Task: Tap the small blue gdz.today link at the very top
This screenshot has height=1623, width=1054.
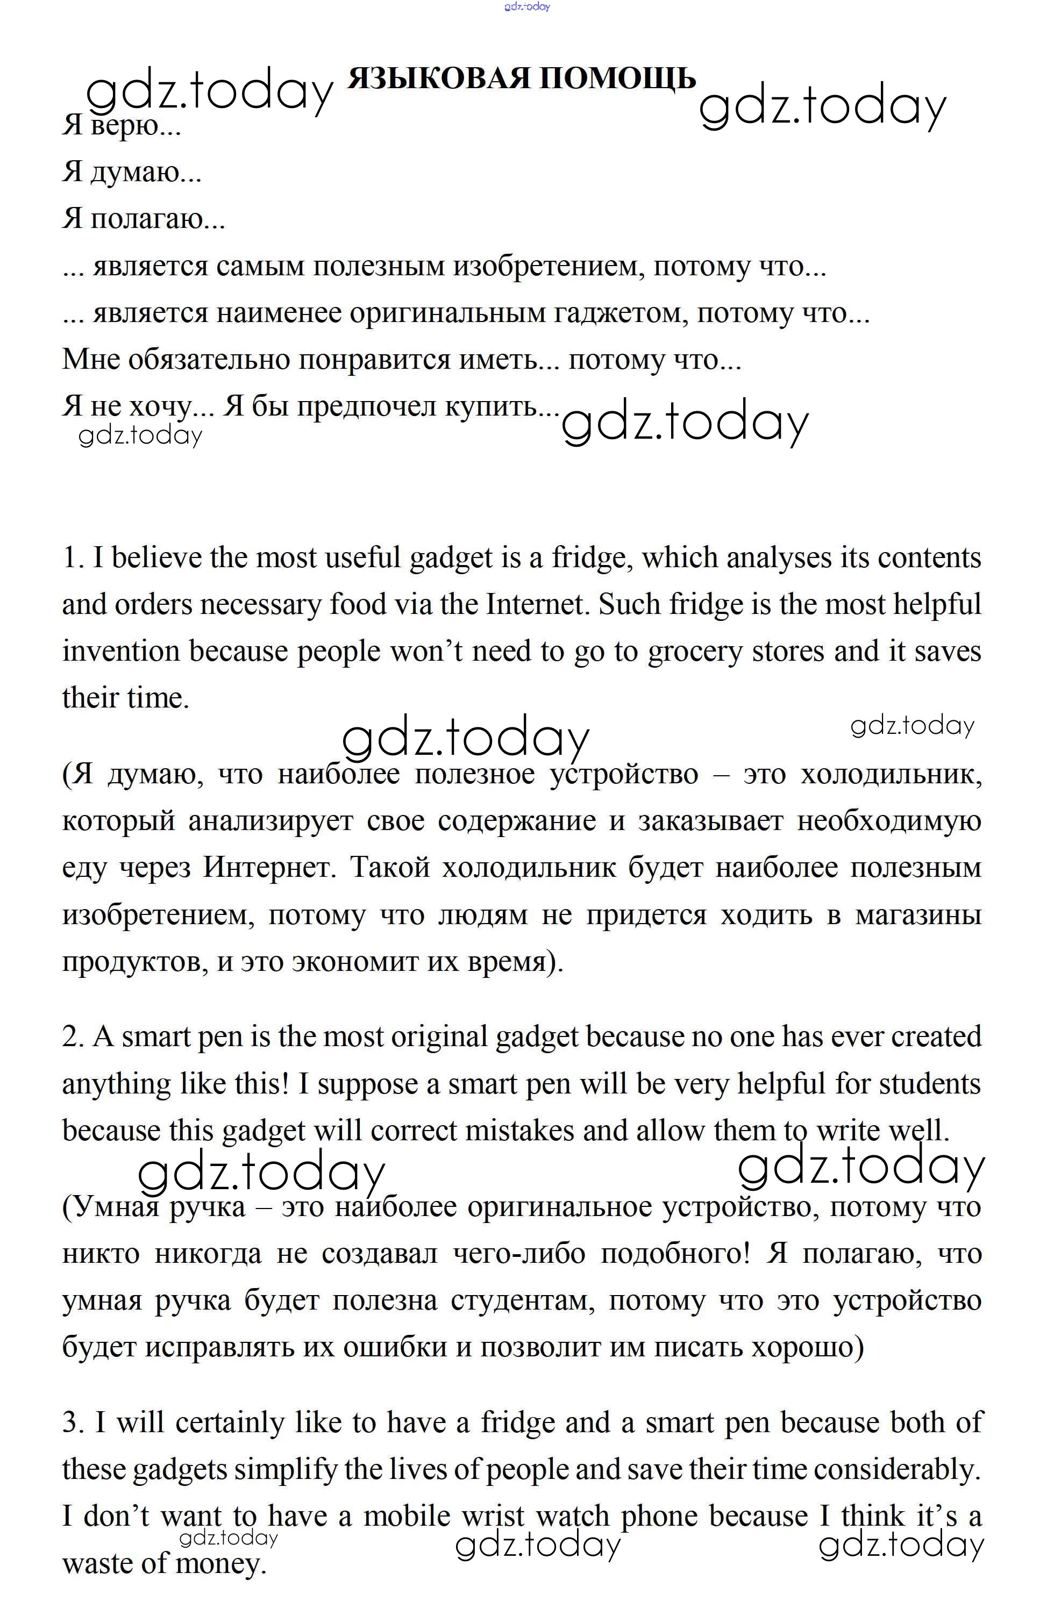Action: [526, 7]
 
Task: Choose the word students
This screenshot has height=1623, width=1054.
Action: [929, 1084]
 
